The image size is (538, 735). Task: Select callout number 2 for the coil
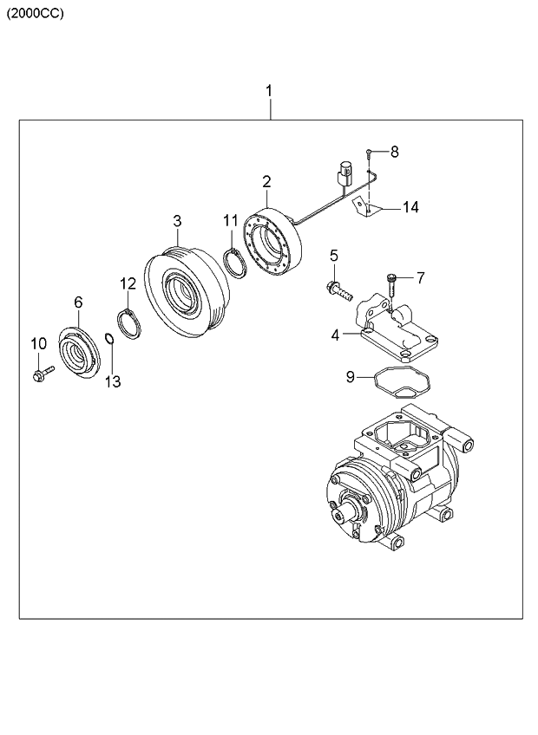266,181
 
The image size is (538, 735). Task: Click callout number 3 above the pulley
176,221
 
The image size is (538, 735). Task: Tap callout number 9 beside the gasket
351,376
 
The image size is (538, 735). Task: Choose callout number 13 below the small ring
113,381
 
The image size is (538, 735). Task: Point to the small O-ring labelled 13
108,337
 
